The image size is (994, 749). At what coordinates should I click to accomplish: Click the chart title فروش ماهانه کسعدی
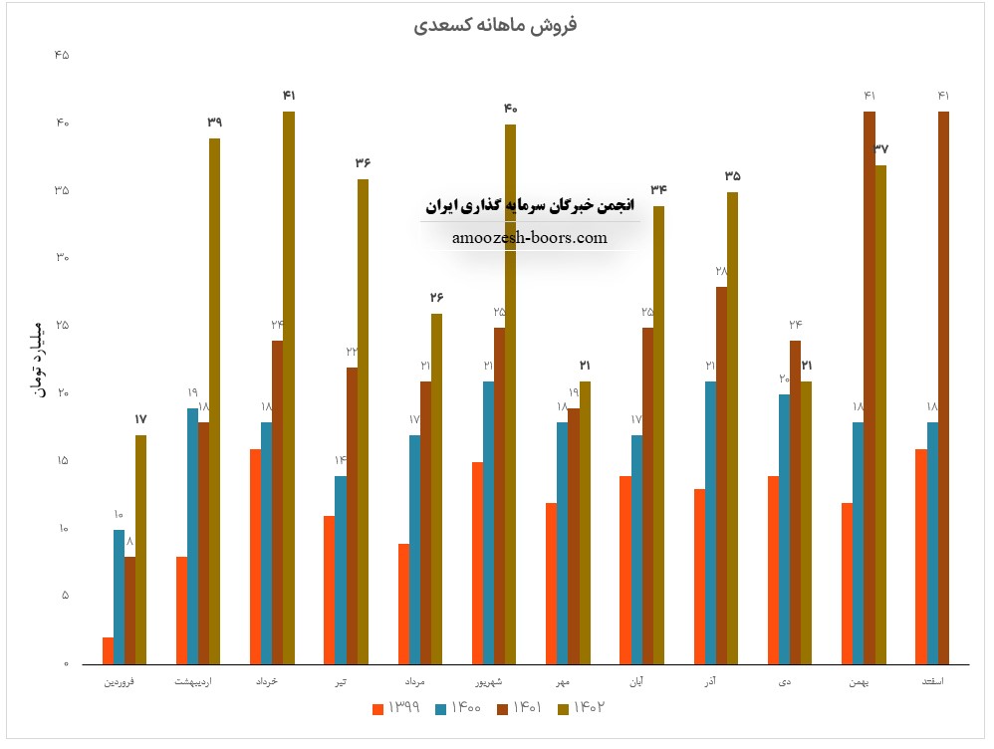(496, 25)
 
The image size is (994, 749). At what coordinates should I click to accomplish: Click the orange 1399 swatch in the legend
(377, 709)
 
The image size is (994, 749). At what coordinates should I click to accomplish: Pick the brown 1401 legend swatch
(501, 709)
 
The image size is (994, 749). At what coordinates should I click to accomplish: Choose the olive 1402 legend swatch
(563, 709)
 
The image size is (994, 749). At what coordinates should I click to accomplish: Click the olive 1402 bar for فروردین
(141, 549)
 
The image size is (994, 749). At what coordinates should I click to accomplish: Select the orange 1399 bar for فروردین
(108, 650)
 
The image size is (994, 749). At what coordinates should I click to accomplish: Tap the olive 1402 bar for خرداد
(289, 387)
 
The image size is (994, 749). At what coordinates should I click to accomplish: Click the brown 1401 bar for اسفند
(943, 387)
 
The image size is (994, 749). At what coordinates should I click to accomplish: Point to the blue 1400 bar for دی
(784, 529)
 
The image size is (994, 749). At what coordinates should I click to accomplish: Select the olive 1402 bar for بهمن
(880, 414)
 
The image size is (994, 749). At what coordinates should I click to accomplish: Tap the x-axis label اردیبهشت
(200, 682)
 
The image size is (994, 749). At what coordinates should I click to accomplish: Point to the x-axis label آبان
(635, 682)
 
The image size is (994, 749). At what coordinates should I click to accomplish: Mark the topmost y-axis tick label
(62, 56)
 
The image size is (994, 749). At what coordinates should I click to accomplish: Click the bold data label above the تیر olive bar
(363, 162)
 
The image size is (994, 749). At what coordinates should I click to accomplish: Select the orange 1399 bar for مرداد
(403, 604)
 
